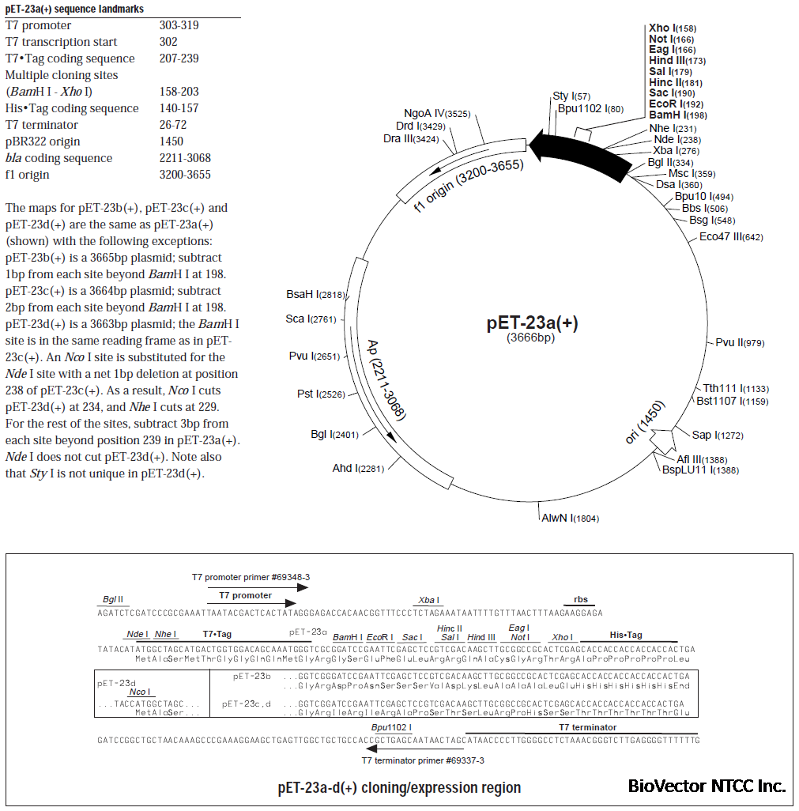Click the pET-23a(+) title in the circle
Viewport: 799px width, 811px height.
click(x=537, y=324)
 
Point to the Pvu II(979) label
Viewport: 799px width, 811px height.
click(x=740, y=342)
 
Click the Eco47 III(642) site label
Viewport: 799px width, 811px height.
click(x=731, y=237)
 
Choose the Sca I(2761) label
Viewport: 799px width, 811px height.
click(x=311, y=319)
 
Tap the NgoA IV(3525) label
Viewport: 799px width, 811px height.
click(x=437, y=114)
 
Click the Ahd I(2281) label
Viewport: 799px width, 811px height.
click(x=358, y=469)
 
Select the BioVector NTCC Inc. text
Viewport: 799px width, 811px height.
click(x=707, y=786)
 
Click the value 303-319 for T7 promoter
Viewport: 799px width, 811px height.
click(x=179, y=25)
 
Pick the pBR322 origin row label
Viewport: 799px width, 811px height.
click(x=43, y=141)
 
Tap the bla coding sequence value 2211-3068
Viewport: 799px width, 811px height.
click(x=185, y=158)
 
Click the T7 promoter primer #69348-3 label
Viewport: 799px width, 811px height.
click(x=251, y=577)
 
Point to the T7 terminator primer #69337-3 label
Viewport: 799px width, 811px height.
click(x=423, y=760)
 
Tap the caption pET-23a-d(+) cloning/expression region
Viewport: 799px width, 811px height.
click(x=399, y=787)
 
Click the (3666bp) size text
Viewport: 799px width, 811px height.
click(x=530, y=338)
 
